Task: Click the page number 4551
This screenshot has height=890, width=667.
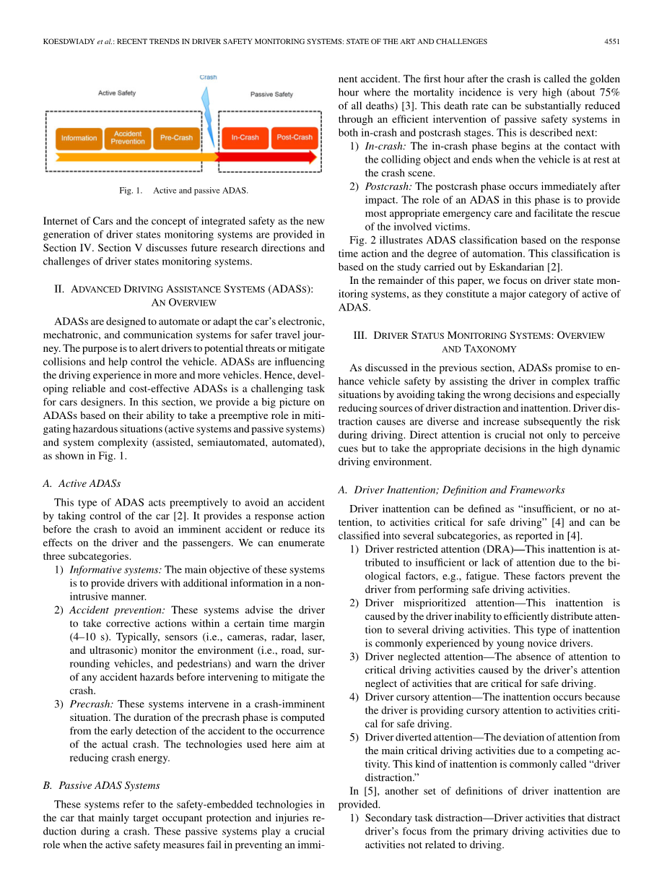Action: (612, 42)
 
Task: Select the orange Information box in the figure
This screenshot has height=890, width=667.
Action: (79, 138)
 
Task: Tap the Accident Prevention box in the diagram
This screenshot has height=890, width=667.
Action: (128, 138)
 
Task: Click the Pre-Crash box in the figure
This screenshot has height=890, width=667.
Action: (176, 138)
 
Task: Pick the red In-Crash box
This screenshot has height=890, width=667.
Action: (245, 138)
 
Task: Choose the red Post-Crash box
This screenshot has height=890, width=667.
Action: (294, 138)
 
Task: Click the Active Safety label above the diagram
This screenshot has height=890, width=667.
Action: (117, 93)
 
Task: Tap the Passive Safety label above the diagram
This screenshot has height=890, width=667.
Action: (271, 95)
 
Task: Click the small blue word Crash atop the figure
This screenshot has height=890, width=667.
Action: (208, 77)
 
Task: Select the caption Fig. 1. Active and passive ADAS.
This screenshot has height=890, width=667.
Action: (183, 191)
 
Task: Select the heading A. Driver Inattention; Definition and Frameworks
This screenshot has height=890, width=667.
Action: (451, 490)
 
